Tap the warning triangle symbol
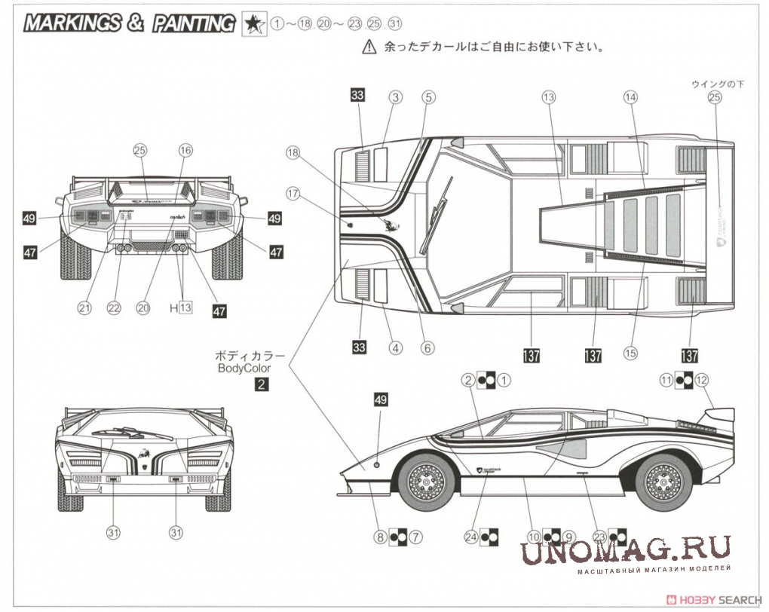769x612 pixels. (369, 47)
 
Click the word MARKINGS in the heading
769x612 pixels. (72, 23)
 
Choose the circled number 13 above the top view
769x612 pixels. (548, 96)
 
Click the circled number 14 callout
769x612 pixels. (631, 96)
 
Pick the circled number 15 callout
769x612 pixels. (631, 351)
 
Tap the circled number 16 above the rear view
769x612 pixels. (185, 150)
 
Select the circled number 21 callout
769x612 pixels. (84, 308)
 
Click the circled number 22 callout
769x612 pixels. (114, 308)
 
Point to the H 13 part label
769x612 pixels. (180, 308)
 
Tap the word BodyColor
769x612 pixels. (244, 369)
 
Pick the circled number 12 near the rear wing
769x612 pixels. (703, 381)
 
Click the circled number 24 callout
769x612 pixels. (472, 537)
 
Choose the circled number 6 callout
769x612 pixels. (427, 348)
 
